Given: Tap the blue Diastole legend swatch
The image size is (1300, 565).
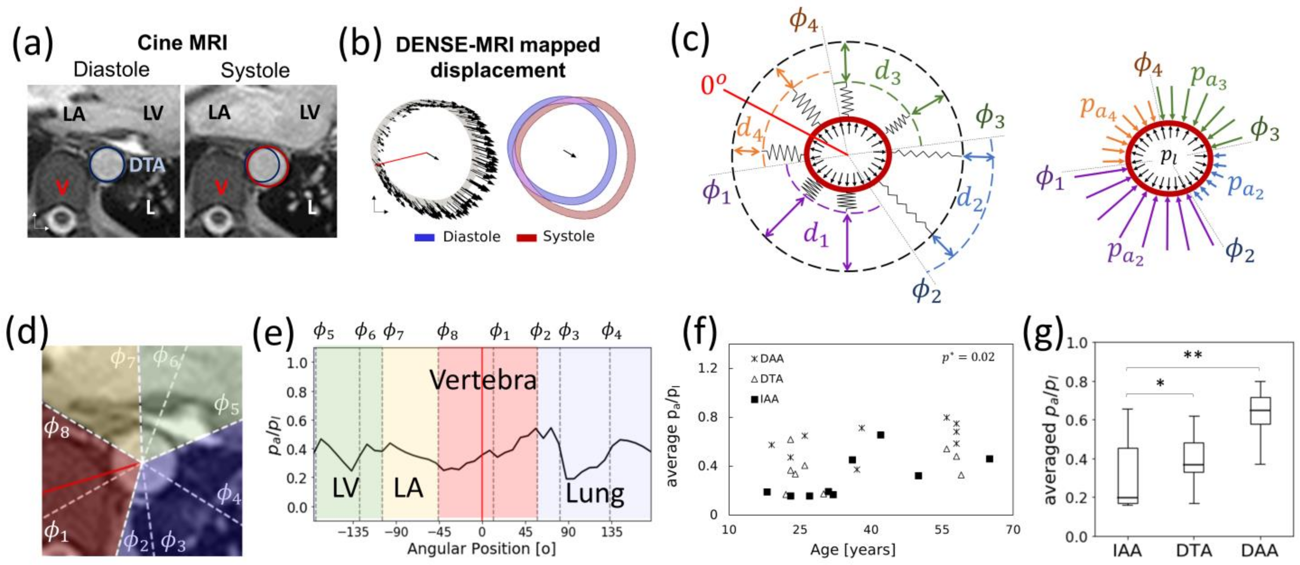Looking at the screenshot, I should tap(424, 237).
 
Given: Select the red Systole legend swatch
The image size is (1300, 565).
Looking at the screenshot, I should tap(526, 237).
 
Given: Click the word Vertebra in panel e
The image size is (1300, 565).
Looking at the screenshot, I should tap(483, 380).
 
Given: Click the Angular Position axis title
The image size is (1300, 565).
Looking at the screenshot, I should tap(481, 549).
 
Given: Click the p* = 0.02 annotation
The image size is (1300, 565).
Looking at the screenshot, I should tap(968, 357).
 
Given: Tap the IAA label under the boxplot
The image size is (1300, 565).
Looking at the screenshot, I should tap(1126, 550).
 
